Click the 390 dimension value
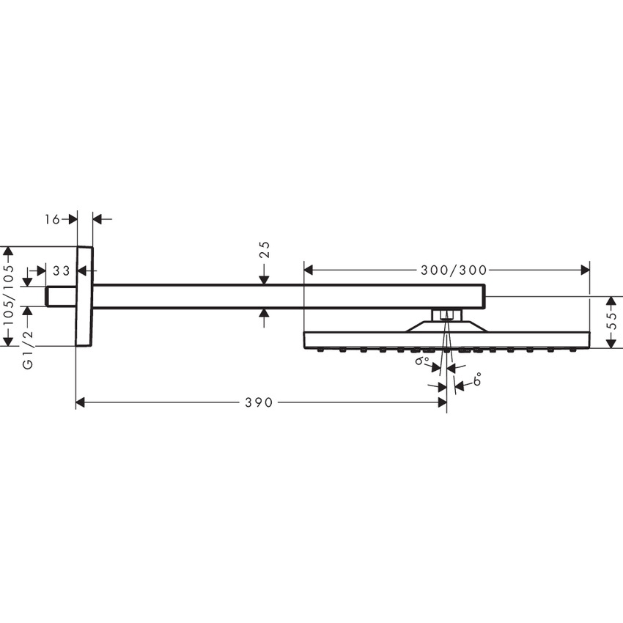click(259, 402)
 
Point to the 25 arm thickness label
click(265, 250)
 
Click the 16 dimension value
click(52, 218)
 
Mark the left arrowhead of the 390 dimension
click(81, 402)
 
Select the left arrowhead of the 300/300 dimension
click(309, 270)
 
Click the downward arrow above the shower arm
click(265, 279)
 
